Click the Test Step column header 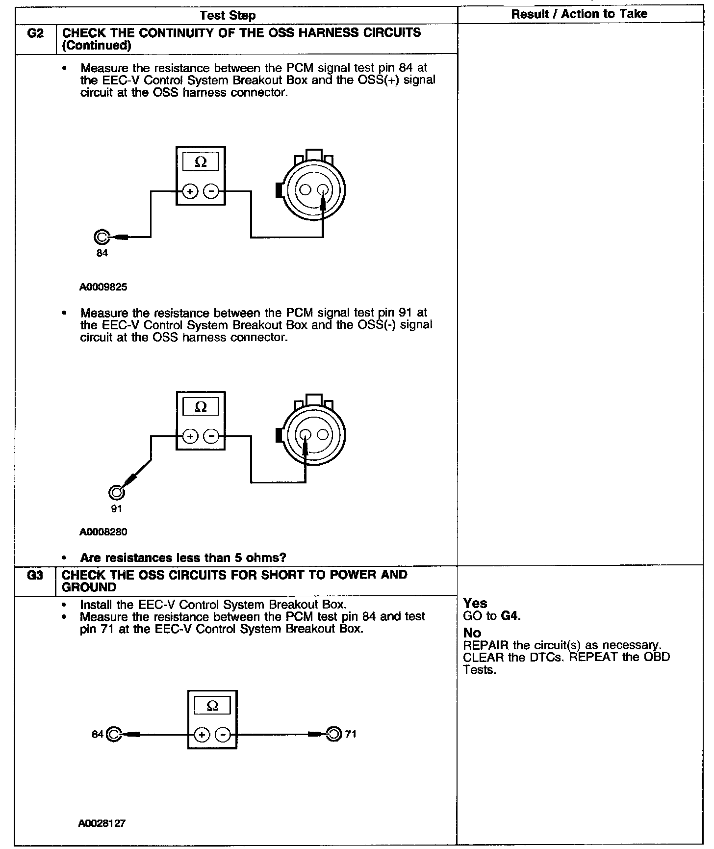pyautogui.click(x=228, y=15)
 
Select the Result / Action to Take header pyautogui.click(x=579, y=14)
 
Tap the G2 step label pyautogui.click(x=36, y=33)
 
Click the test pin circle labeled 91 pyautogui.click(x=116, y=492)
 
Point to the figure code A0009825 pyautogui.click(x=103, y=287)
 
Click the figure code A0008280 pyautogui.click(x=103, y=531)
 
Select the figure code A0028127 pyautogui.click(x=102, y=823)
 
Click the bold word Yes pyautogui.click(x=475, y=603)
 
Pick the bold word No pyautogui.click(x=472, y=633)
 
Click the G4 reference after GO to pyautogui.click(x=510, y=615)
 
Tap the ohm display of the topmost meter pyautogui.click(x=201, y=161)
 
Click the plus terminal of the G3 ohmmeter pyautogui.click(x=202, y=735)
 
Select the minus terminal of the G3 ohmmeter pyautogui.click(x=223, y=735)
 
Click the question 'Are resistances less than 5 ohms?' pyautogui.click(x=183, y=557)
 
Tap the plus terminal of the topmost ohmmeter pyautogui.click(x=190, y=191)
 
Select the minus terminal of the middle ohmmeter pyautogui.click(x=211, y=436)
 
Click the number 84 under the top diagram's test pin pyautogui.click(x=102, y=253)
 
